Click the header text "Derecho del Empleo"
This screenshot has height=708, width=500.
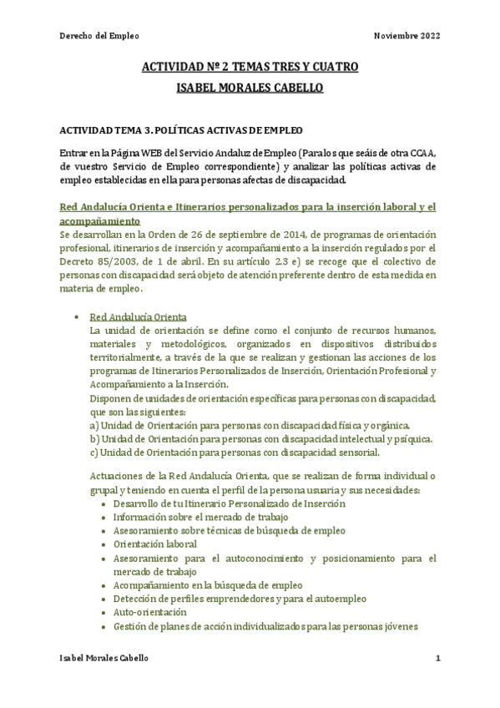(x=98, y=36)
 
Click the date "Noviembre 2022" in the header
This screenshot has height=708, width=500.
(x=407, y=36)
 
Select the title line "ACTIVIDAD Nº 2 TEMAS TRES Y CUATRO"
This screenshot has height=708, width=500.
(x=250, y=67)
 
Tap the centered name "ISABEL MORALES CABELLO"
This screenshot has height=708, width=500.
(x=250, y=88)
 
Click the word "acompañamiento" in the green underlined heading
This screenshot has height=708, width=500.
(x=100, y=220)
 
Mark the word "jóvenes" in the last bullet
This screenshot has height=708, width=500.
(x=396, y=626)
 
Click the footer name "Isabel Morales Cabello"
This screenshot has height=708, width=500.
(x=105, y=658)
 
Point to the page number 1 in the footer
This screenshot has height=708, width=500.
(x=437, y=658)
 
